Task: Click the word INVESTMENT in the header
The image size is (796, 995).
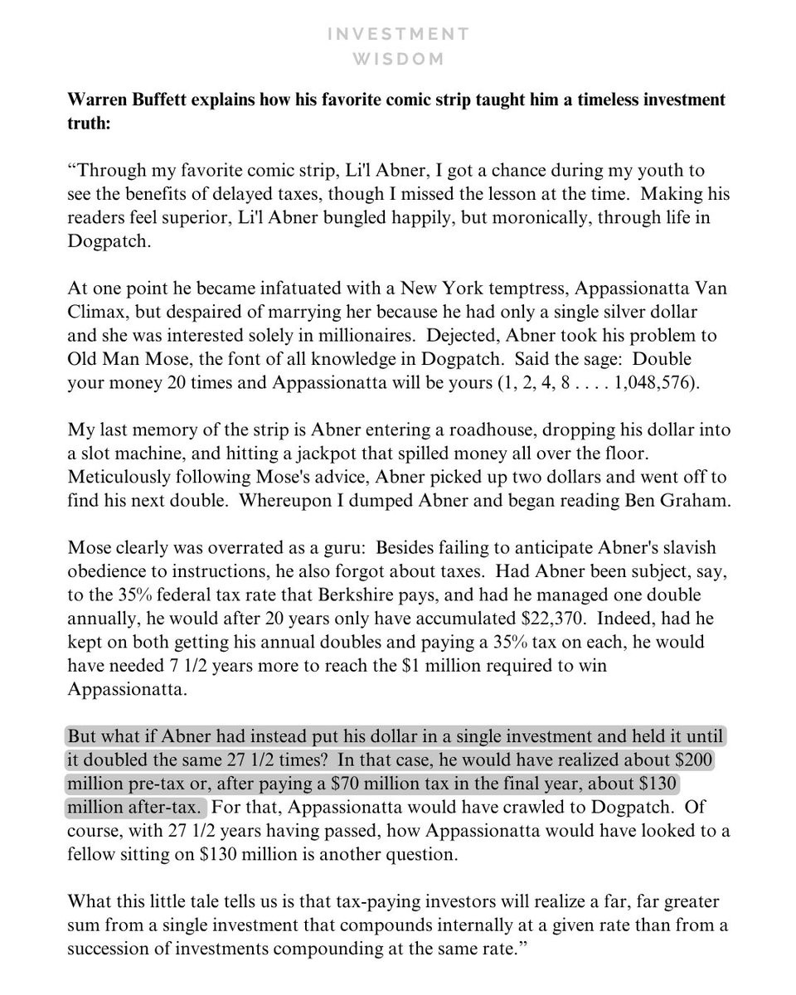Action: pos(398,34)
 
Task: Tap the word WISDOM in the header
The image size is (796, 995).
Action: pos(398,59)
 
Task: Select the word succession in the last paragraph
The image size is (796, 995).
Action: pos(107,949)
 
